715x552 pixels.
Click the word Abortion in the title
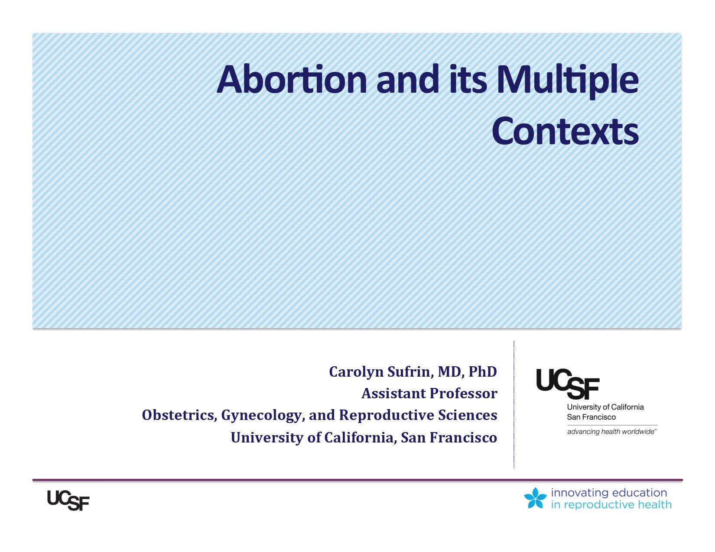click(292, 80)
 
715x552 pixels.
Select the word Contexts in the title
click(565, 131)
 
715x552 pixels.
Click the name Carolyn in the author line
click(356, 372)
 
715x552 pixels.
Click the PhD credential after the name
click(483, 371)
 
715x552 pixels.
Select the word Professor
click(464, 394)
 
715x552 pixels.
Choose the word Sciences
click(468, 415)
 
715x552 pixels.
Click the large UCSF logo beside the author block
click(568, 384)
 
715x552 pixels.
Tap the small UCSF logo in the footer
click(68, 500)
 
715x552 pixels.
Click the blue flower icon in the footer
click(535, 498)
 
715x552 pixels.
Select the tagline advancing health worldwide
click(612, 432)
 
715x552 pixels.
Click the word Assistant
click(393, 394)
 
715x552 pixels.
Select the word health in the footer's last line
click(655, 504)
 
